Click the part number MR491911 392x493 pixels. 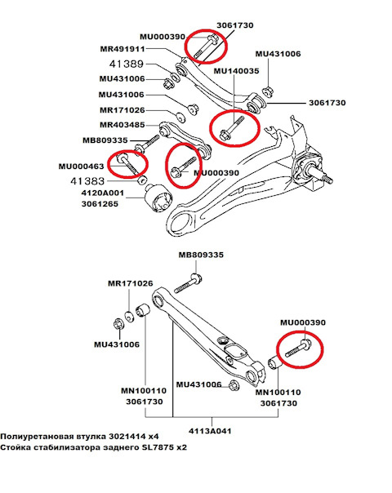coord(122,49)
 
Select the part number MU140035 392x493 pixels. coord(236,72)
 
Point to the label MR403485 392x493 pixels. coord(122,125)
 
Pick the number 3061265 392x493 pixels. coord(101,205)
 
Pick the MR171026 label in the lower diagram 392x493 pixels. coord(131,283)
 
